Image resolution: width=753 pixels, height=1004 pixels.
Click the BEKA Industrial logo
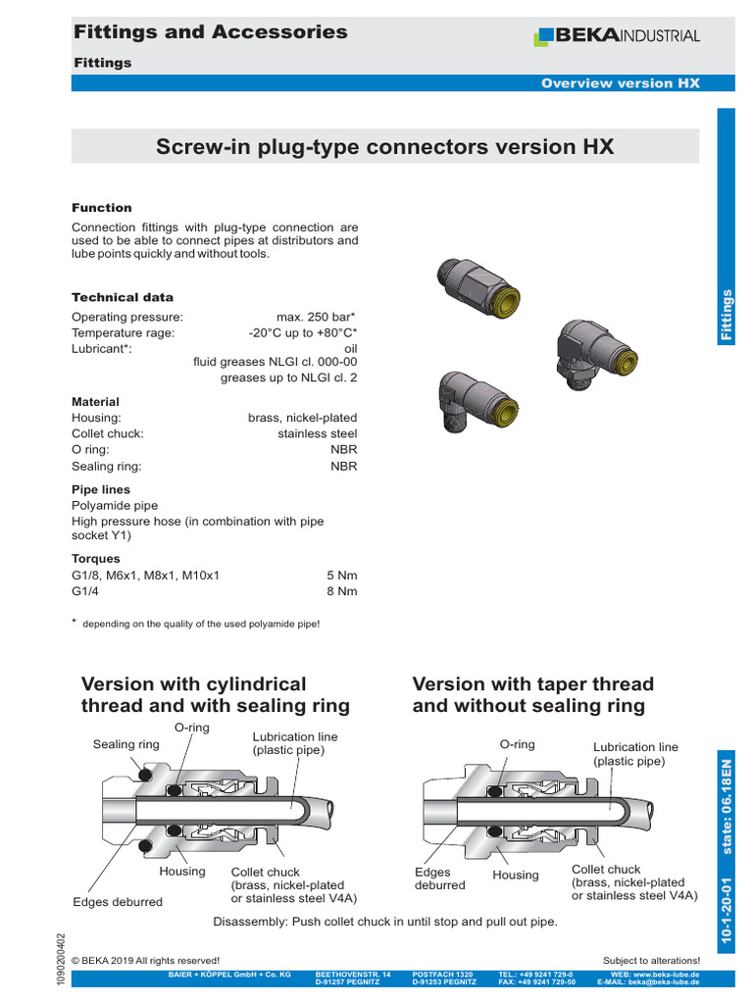(x=616, y=36)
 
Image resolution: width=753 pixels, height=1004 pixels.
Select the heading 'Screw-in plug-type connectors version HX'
(x=385, y=147)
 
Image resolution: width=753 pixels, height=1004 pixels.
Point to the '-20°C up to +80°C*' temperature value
(x=303, y=332)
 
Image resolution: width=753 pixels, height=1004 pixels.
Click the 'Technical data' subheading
(x=123, y=297)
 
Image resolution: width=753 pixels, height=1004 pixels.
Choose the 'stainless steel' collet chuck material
(x=318, y=433)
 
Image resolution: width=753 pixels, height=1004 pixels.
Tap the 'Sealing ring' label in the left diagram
(x=126, y=744)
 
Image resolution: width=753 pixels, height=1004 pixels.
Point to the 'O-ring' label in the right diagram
(x=517, y=744)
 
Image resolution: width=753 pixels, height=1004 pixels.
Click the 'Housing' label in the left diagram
(x=182, y=871)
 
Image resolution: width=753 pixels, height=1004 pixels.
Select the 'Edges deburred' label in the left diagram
(x=118, y=901)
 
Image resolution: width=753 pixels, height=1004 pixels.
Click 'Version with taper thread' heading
(x=532, y=683)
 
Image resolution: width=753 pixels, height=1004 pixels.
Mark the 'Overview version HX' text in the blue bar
(x=621, y=83)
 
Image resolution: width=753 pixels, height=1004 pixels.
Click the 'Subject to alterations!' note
(x=651, y=960)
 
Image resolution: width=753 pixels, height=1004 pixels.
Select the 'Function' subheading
(x=102, y=208)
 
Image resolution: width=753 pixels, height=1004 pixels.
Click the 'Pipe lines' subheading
(x=101, y=489)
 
